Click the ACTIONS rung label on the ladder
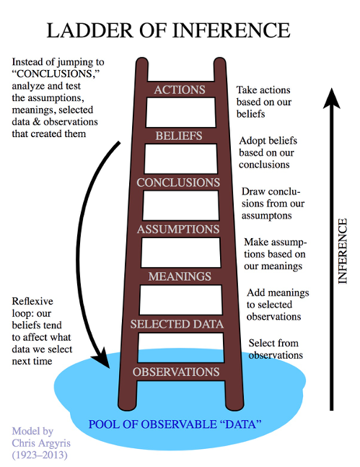pos(180,90)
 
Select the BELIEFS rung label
pos(179,136)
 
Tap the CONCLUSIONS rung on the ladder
pos(178,183)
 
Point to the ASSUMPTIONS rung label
pos(178,230)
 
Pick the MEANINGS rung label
pos(180,276)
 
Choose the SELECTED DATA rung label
pos(177,325)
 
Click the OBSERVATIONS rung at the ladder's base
pos(175,372)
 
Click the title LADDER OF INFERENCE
pos(169,31)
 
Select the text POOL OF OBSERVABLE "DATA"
pos(175,424)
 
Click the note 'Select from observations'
pos(275,349)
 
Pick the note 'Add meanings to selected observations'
pos(278,305)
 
